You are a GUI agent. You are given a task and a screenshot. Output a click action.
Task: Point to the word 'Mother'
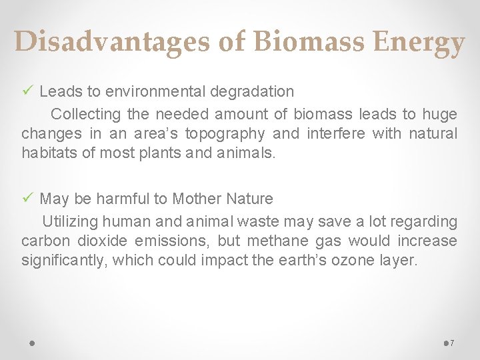coord(197,199)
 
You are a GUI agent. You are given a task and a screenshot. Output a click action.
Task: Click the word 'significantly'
coord(63,260)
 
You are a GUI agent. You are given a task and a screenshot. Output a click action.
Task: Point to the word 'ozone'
coord(338,260)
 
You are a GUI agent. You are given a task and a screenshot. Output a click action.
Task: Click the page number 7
coord(452,343)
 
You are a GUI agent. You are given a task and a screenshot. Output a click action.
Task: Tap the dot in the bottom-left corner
coord(32,343)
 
